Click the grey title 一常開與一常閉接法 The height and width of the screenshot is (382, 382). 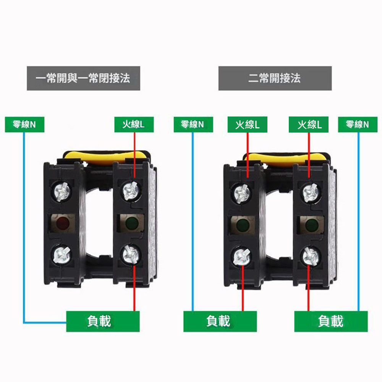pos(83,78)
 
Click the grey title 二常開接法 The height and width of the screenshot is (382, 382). pos(275,78)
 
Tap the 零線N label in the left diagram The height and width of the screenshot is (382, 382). pos(24,125)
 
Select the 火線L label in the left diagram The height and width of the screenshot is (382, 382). pos(134,125)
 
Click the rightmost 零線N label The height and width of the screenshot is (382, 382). pos(358,125)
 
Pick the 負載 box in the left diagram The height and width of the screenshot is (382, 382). pos(103,321)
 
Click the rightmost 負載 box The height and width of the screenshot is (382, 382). pos(331,321)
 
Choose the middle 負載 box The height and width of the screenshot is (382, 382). pos(220,321)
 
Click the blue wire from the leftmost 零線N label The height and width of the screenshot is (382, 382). pos(24,229)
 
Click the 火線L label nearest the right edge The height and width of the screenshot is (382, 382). pos(309,125)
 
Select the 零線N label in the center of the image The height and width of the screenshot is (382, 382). pos(193,125)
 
